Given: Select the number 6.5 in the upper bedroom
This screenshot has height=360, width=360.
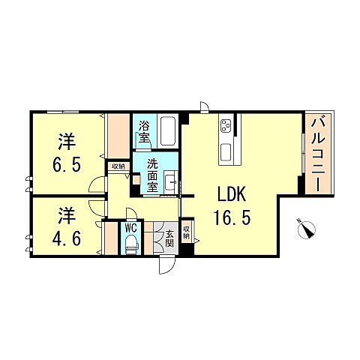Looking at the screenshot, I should tap(67, 162).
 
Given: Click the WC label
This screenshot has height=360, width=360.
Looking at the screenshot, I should tap(130, 227).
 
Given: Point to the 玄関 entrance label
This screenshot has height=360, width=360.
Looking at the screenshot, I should tap(169, 238).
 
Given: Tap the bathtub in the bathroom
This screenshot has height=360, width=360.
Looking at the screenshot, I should tap(167, 131).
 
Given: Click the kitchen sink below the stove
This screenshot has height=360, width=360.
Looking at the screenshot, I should tap(226, 153).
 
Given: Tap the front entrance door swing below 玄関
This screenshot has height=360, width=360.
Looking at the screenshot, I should tap(166, 264).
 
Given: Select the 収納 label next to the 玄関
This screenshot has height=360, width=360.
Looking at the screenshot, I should tap(187, 231).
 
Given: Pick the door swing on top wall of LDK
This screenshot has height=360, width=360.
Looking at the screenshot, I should tap(202, 106).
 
